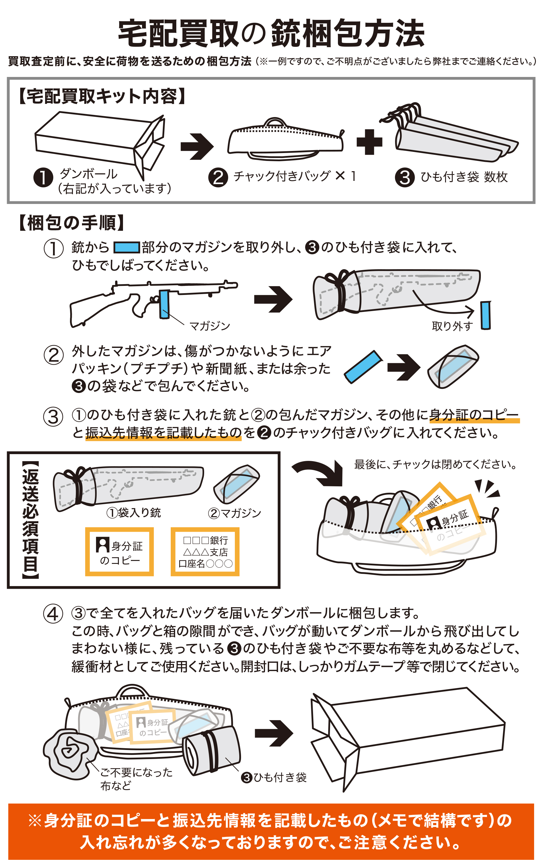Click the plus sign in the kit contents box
click(369, 142)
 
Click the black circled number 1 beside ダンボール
click(43, 178)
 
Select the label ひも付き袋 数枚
click(464, 177)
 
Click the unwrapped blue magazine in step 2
click(363, 367)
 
